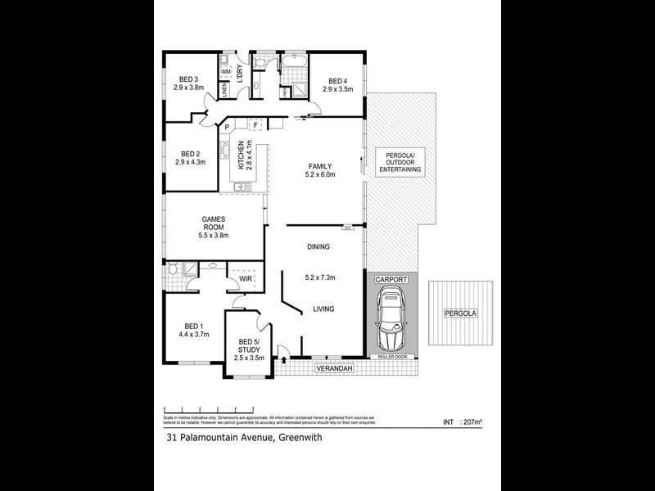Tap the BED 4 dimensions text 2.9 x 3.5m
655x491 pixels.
tap(337, 89)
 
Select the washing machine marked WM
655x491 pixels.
tap(224, 73)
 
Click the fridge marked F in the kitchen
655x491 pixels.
tap(255, 125)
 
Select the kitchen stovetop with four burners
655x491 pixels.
tap(224, 151)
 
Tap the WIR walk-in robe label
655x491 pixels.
tap(244, 279)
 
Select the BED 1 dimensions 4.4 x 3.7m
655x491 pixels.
tap(194, 334)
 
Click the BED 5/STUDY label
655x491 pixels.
tap(249, 345)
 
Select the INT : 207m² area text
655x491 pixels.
tap(463, 422)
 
